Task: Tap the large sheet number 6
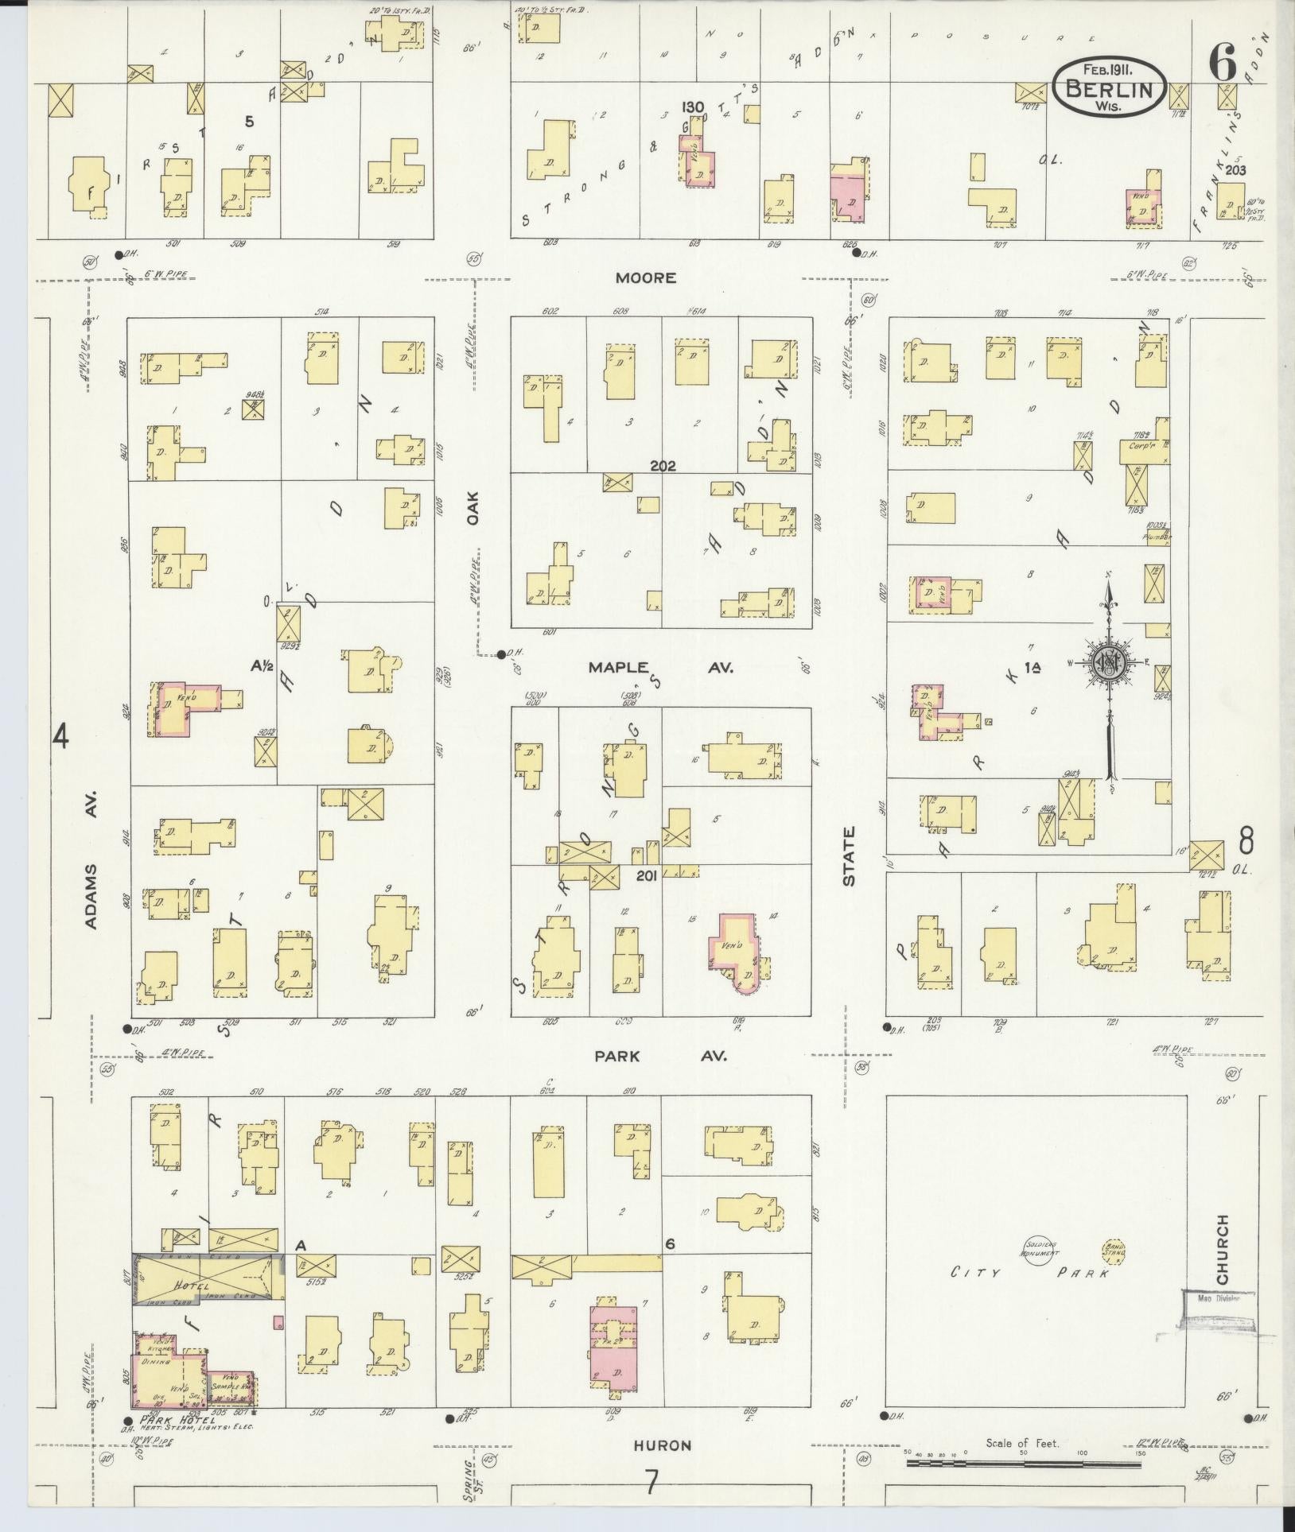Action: click(1222, 63)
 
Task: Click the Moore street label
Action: click(645, 277)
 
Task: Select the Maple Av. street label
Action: click(660, 667)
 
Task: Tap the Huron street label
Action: click(662, 1445)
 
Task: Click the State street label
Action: click(849, 856)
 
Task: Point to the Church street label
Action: click(1222, 1259)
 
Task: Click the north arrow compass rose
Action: click(1109, 661)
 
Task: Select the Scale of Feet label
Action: click(1021, 1443)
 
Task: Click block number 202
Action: click(662, 466)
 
